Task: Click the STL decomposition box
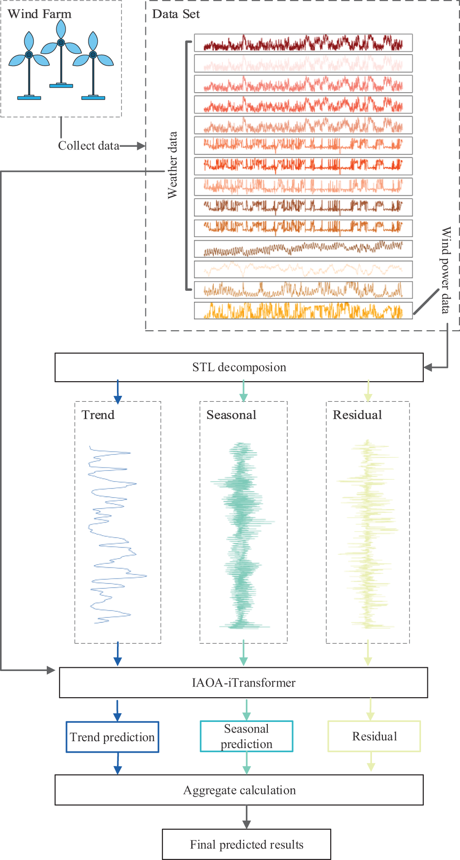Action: point(239,367)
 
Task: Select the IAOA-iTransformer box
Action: point(244,682)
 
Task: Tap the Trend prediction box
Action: point(112,737)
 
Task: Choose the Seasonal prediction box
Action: point(246,736)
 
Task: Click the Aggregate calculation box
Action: point(239,790)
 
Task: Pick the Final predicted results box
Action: point(246,844)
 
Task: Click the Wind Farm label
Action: point(39,14)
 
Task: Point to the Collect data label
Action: point(88,146)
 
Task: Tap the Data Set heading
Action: point(176,14)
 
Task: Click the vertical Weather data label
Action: point(172,165)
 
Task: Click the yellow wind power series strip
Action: point(303,311)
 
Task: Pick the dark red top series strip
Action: point(303,43)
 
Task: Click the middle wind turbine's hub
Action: point(61,43)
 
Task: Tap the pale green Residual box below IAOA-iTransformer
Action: point(374,736)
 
